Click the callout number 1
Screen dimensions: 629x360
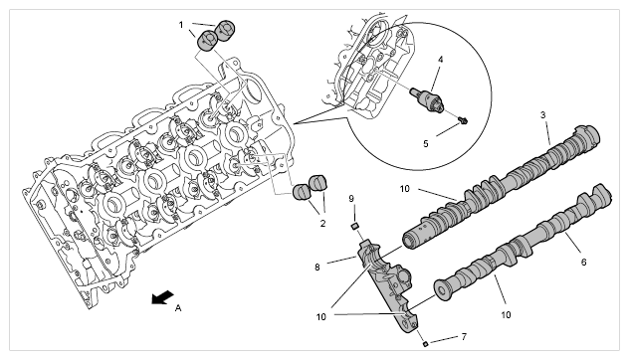pyautogui.click(x=181, y=25)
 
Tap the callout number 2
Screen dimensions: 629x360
pyautogui.click(x=322, y=224)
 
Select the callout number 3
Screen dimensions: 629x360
pyautogui.click(x=542, y=115)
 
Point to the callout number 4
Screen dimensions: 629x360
pyautogui.click(x=441, y=60)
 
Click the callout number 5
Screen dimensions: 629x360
pyautogui.click(x=426, y=143)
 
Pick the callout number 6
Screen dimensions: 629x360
pyautogui.click(x=583, y=263)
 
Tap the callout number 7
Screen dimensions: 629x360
pyautogui.click(x=464, y=337)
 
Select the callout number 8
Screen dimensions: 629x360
pyautogui.click(x=317, y=267)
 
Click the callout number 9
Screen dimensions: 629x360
pyautogui.click(x=351, y=199)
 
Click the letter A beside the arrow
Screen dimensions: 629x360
pyautogui.click(x=178, y=308)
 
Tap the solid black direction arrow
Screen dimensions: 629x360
pyautogui.click(x=162, y=297)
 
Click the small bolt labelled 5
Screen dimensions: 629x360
pyautogui.click(x=463, y=119)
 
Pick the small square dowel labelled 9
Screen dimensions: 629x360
pyautogui.click(x=354, y=227)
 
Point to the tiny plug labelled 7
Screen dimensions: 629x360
pyautogui.click(x=426, y=343)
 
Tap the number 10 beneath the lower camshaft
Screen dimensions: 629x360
pyautogui.click(x=506, y=315)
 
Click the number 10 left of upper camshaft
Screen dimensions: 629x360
pyautogui.click(x=405, y=188)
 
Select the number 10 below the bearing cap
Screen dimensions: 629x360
pyautogui.click(x=321, y=317)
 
